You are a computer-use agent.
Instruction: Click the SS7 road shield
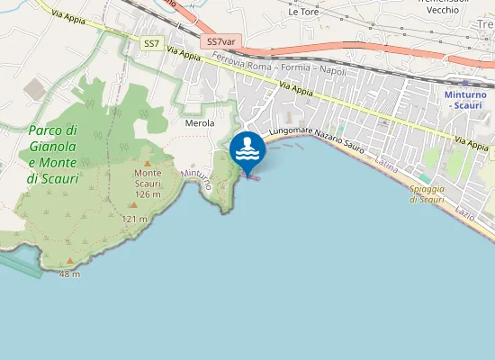click(x=150, y=43)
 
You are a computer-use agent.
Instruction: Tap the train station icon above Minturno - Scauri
click(x=465, y=83)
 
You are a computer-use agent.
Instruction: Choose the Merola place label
click(x=199, y=122)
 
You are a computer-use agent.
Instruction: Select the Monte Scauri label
click(x=147, y=178)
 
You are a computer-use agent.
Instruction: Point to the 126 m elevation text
click(x=147, y=194)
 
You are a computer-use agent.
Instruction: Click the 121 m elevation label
click(x=135, y=220)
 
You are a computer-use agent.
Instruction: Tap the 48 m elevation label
click(x=67, y=273)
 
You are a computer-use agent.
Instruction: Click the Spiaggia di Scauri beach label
click(x=427, y=194)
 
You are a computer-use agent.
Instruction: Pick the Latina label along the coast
click(x=387, y=164)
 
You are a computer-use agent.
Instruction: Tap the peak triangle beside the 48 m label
click(x=70, y=261)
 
